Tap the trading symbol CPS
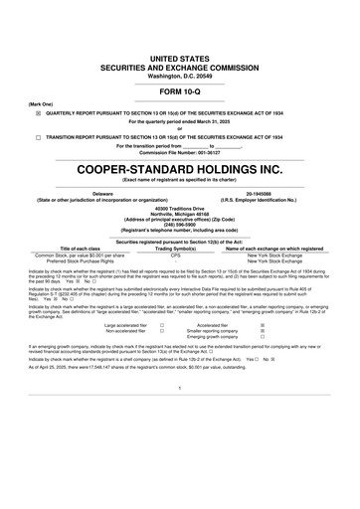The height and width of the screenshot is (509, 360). pyautogui.click(x=180, y=254)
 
